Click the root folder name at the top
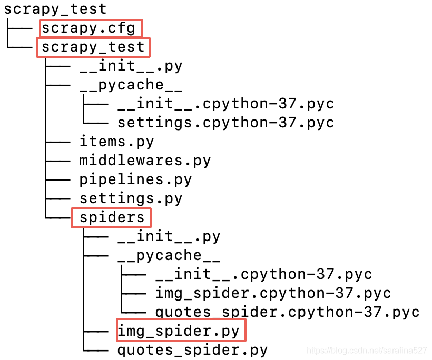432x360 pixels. click(55, 9)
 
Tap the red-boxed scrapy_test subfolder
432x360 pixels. click(93, 47)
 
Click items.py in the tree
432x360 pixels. click(116, 142)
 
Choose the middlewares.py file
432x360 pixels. click(145, 161)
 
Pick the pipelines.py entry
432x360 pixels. click(135, 179)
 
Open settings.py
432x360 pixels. click(131, 198)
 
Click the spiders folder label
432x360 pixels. click(112, 217)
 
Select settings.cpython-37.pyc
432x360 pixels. click(225, 123)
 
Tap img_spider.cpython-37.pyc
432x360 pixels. click(273, 293)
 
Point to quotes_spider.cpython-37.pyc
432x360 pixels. click(287, 312)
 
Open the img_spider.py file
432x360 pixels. click(178, 331)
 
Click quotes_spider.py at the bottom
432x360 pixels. click(192, 350)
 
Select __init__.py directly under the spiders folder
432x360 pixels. click(169, 236)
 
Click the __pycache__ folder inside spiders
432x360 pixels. click(169, 255)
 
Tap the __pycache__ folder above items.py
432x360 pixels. click(131, 85)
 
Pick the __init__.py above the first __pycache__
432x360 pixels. click(131, 66)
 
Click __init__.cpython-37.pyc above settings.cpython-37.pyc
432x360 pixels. click(225, 104)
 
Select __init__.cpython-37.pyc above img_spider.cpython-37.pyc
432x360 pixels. click(263, 274)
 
